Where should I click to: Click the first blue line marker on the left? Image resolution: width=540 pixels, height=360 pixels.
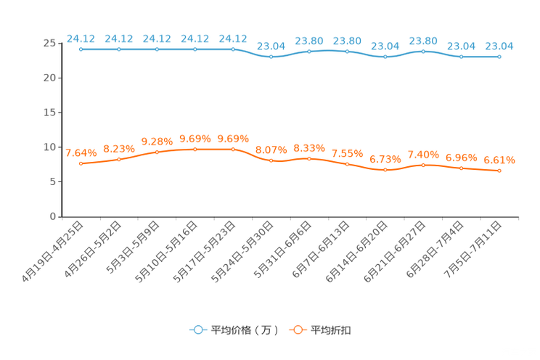click(x=81, y=49)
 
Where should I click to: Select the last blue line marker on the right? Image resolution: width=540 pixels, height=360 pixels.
click(x=499, y=56)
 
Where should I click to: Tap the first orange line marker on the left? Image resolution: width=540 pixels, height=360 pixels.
click(x=81, y=163)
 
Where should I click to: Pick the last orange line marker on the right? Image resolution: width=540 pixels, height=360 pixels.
click(x=499, y=171)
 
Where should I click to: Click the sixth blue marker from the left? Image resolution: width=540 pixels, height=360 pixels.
click(x=271, y=57)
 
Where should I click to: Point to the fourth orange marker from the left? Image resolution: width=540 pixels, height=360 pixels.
click(x=195, y=150)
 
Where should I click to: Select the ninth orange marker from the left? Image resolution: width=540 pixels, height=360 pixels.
click(x=385, y=170)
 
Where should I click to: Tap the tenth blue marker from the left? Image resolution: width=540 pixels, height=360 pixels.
click(x=423, y=51)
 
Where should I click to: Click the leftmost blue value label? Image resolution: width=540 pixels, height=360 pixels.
click(x=81, y=38)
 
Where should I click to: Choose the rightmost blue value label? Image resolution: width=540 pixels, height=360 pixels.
click(x=499, y=46)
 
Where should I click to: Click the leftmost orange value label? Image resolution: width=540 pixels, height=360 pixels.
click(x=81, y=152)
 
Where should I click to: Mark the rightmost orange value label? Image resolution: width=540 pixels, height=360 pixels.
click(x=499, y=160)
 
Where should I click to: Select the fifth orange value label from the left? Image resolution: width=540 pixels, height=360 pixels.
click(x=233, y=138)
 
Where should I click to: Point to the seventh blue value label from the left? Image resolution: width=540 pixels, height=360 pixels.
click(x=309, y=41)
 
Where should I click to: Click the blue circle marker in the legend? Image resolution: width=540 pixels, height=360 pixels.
click(x=197, y=330)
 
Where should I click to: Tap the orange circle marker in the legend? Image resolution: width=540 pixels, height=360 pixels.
click(x=297, y=330)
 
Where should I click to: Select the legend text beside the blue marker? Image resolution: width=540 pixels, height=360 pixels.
click(x=245, y=330)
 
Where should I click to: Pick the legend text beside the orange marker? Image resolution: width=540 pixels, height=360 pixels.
click(x=332, y=330)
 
